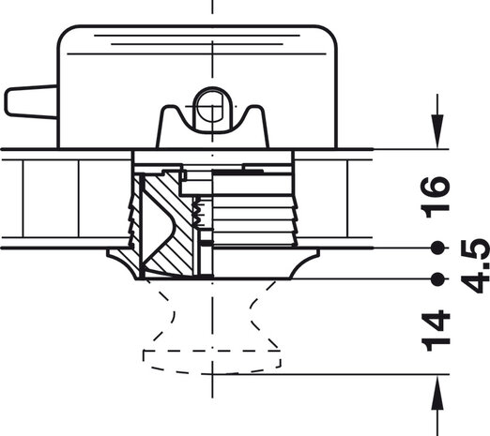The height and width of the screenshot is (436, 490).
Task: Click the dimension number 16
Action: [x=436, y=197]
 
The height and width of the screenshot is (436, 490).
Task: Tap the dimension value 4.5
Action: [x=476, y=266]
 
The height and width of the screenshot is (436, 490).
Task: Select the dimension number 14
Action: [x=436, y=331]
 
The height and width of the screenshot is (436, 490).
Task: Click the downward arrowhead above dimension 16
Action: [x=437, y=131]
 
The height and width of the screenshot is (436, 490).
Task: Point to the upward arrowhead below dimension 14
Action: [x=437, y=392]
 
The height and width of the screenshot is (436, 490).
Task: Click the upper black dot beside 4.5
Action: [x=437, y=248]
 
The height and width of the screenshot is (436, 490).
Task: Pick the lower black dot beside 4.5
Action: [x=437, y=279]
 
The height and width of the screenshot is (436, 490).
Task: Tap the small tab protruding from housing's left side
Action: [x=31, y=102]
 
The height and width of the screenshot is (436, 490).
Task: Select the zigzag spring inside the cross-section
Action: [x=197, y=214]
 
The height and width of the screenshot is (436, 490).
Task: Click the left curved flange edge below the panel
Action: [x=121, y=263]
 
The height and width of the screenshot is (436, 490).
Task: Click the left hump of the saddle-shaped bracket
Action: [x=170, y=112]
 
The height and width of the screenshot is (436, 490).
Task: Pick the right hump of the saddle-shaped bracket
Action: [x=254, y=112]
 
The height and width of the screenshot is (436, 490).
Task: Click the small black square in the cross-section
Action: [x=207, y=243]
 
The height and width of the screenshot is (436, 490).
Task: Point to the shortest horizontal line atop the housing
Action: [x=197, y=44]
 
